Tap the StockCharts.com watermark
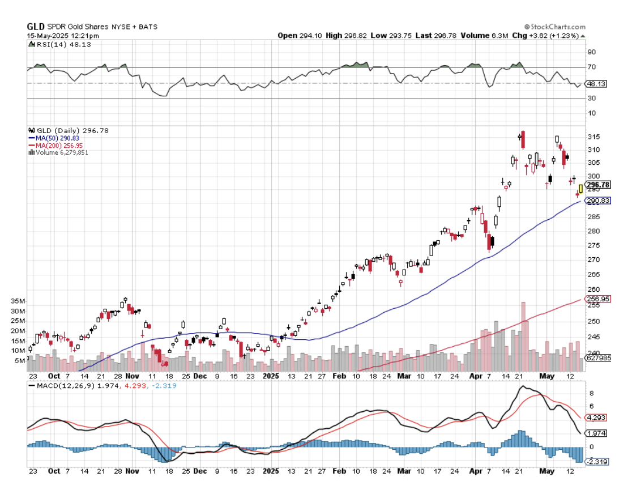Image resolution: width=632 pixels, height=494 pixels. (x=555, y=27)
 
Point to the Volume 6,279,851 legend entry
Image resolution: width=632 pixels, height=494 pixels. (x=62, y=152)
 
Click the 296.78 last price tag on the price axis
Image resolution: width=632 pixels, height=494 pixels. (x=598, y=185)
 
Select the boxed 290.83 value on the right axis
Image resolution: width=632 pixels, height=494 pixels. (x=598, y=201)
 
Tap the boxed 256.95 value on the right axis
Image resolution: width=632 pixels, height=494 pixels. (x=598, y=299)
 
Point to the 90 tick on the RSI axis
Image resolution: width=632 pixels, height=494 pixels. (x=591, y=52)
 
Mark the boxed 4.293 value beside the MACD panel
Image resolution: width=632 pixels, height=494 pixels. (x=595, y=418)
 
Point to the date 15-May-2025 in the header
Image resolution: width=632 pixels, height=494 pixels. (x=47, y=35)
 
